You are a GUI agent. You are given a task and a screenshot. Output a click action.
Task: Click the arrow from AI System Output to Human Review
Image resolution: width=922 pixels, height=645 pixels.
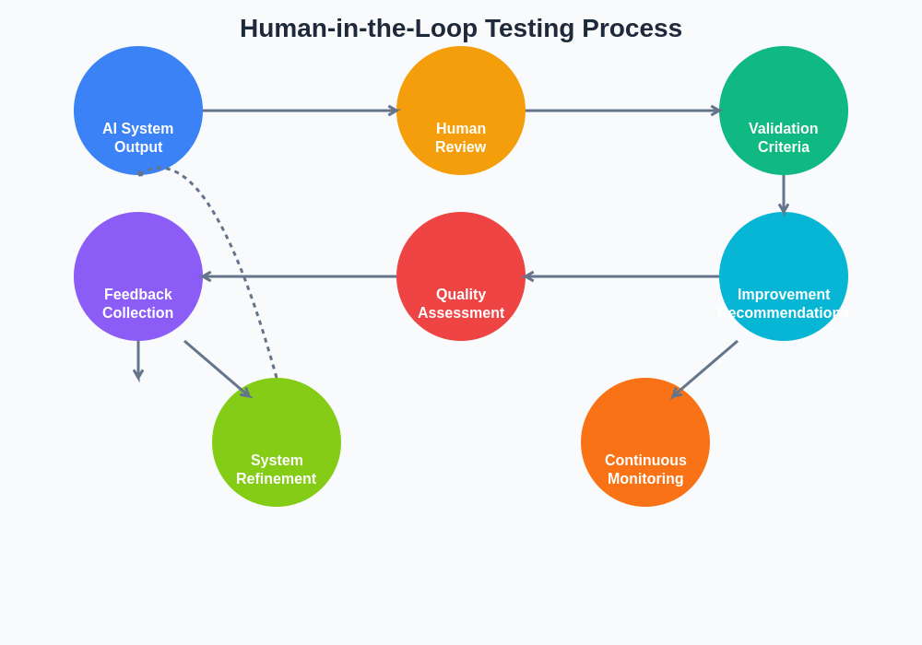point(300,111)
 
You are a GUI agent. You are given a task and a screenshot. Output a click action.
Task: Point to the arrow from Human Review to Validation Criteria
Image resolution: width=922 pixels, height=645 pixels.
point(622,111)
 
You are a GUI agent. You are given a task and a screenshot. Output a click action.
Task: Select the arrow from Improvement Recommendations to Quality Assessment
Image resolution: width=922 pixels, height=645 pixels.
point(622,276)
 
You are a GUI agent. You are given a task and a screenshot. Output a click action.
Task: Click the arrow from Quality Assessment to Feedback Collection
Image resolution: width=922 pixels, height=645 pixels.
point(300,276)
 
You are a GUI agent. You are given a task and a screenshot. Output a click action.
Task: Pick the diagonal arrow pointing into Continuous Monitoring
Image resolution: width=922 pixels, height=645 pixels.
point(705,369)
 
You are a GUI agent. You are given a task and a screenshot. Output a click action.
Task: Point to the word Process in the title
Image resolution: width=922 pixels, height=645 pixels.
point(632,29)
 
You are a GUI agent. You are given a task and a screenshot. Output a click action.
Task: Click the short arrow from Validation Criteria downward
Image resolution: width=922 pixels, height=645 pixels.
point(784,193)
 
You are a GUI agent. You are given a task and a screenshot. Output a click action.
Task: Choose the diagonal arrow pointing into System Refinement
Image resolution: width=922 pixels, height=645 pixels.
point(217,369)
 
